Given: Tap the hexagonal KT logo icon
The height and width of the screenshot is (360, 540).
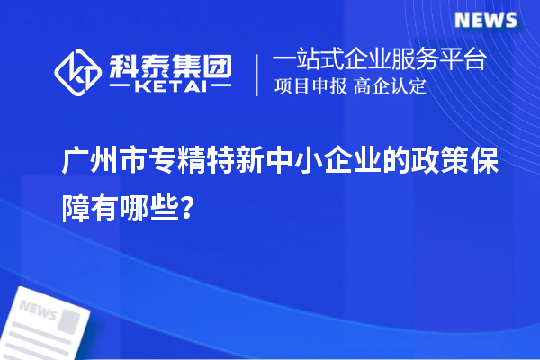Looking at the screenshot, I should [x=78, y=73].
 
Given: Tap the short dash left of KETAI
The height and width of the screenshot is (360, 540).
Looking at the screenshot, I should [x=119, y=88].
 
